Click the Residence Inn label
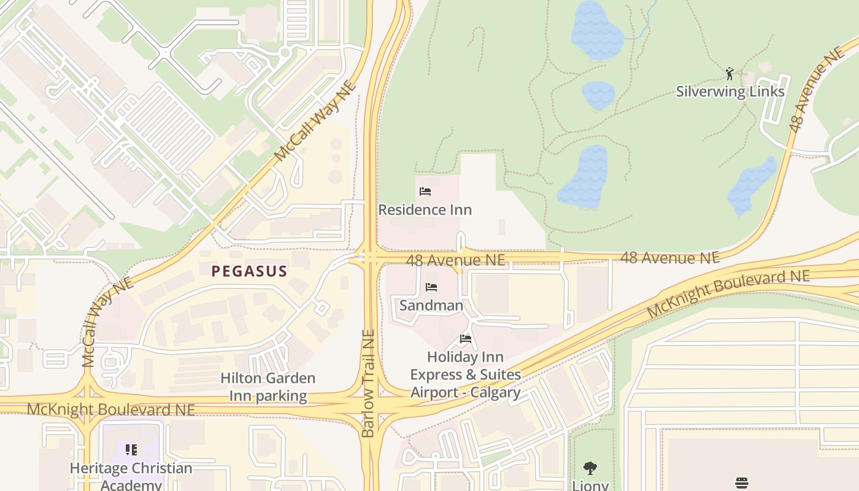coord(425,210)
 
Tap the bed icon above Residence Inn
coord(425,191)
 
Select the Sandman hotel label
coord(431,305)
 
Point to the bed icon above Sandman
coord(431,287)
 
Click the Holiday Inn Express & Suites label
coord(465,374)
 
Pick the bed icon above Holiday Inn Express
coord(466,339)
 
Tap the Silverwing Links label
coord(730,91)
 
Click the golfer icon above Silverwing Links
coord(730,74)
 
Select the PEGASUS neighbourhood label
coord(250,271)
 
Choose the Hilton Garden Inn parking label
coord(268,387)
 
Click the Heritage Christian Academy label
coord(131,476)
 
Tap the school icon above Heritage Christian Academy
coord(131,450)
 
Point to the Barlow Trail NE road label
coord(368,384)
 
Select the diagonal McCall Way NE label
coord(315,122)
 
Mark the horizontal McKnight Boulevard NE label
coord(110,409)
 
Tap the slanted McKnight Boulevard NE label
coord(728,293)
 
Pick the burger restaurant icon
coord(742,482)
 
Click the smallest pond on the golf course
coord(598,95)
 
